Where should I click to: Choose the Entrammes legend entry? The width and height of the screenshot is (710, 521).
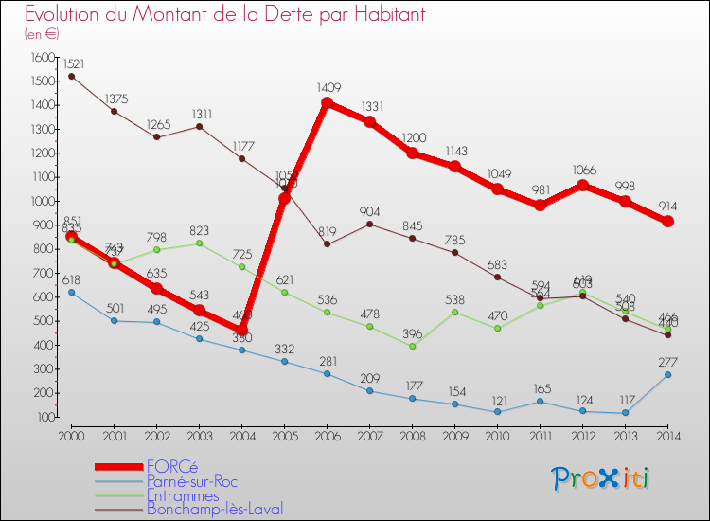183,495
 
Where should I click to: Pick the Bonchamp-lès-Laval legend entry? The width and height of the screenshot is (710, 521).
215,510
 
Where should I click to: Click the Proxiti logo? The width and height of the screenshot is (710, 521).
601,478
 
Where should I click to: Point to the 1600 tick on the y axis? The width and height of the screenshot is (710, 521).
44,58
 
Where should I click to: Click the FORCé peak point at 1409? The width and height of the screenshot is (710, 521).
328,103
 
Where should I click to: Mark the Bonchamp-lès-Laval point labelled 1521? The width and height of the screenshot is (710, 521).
71,76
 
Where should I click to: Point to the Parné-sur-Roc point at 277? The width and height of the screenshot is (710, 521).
668,374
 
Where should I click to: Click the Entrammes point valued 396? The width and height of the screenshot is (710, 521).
413,346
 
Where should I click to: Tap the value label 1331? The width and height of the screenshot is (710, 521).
371,107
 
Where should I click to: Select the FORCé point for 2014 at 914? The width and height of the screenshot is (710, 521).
668,222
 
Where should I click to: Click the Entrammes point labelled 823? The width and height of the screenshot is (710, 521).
200,243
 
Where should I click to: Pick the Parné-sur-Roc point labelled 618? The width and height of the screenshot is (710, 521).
71,293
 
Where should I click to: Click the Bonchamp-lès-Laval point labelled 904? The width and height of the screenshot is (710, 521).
370,224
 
